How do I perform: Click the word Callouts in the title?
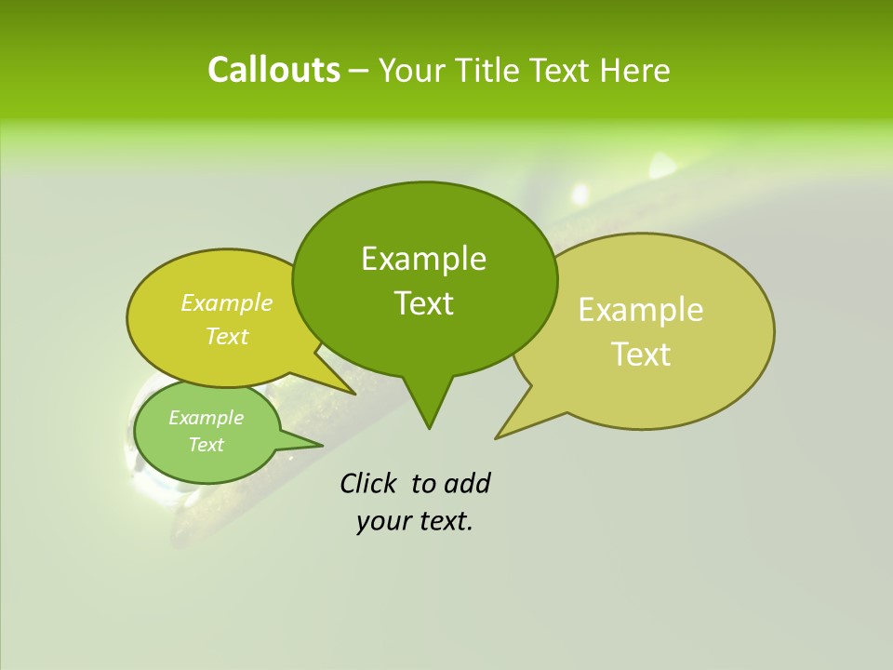click(273, 70)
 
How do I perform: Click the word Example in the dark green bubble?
click(423, 259)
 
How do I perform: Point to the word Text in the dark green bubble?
click(423, 303)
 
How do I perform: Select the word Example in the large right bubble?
click(641, 310)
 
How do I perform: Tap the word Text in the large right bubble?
click(641, 355)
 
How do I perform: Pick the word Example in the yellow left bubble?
click(227, 302)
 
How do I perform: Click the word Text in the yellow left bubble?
click(227, 336)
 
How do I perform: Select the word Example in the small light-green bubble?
click(206, 418)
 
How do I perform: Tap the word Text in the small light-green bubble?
click(206, 445)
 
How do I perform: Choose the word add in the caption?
click(466, 483)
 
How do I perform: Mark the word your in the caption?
click(382, 521)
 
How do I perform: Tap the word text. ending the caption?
click(444, 521)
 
